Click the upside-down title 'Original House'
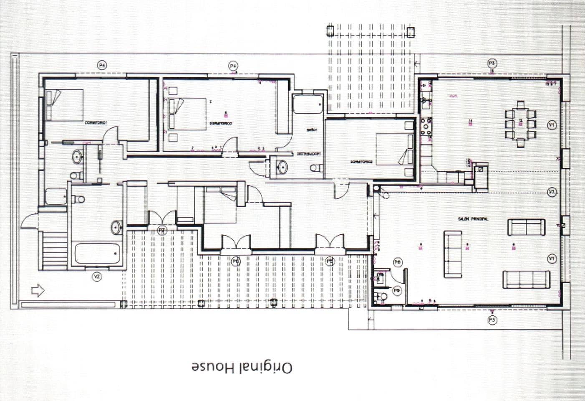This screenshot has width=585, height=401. click(242, 368)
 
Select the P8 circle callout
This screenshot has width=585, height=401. click(397, 262)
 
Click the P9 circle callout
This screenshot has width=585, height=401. click(397, 291)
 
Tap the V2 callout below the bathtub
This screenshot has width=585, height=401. click(97, 276)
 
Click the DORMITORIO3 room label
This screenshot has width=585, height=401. click(221, 124)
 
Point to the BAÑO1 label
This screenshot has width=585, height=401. click(312, 130)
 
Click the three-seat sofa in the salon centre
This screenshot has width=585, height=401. click(452, 254)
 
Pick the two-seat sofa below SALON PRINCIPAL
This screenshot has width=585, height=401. click(526, 227)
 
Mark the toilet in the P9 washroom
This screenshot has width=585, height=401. click(381, 297)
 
